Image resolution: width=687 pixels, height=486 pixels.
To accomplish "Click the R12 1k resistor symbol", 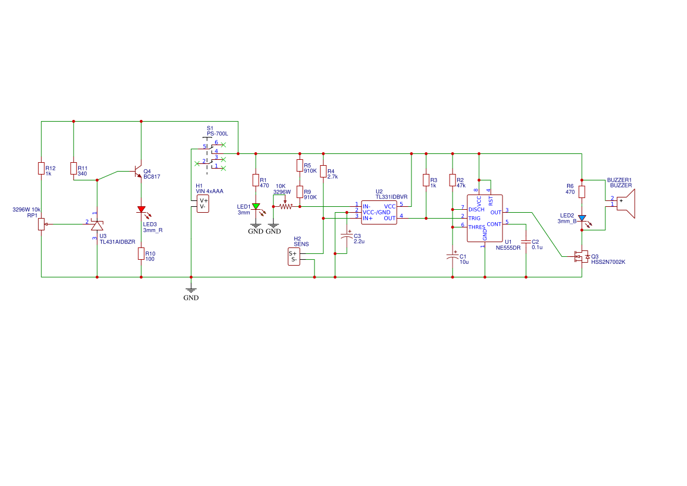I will (41, 169).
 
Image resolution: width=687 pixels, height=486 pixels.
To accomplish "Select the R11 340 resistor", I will (73, 169).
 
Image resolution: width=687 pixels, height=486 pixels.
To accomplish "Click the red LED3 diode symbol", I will (141, 209).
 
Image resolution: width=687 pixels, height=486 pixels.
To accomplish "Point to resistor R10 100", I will (141, 253).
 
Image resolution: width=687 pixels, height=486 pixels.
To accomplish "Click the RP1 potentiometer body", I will (41, 223).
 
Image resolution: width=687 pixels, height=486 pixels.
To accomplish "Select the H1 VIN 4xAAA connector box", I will (203, 203).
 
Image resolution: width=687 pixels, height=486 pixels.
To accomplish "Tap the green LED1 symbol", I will (256, 206).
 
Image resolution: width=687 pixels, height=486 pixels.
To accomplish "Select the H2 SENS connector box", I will (293, 257).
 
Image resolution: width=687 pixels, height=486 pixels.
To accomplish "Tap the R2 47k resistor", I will (453, 180).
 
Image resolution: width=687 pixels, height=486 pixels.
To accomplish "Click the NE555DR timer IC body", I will (485, 218).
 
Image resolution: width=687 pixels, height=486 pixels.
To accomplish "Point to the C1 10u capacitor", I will (453, 257).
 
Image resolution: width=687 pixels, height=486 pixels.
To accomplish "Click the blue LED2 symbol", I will (582, 218).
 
